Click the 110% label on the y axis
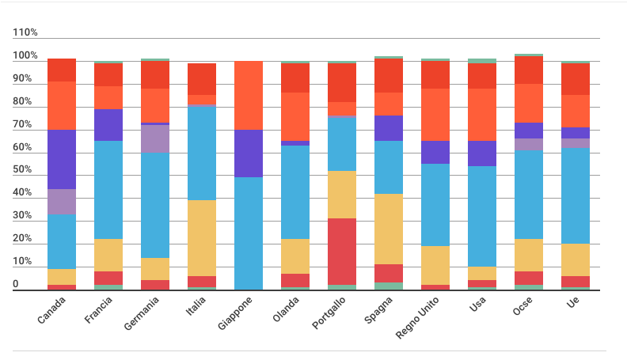tap(25, 32)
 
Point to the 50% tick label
tap(24, 170)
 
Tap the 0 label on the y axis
tap(16, 284)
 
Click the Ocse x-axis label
tap(522, 305)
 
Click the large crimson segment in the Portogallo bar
tap(342, 251)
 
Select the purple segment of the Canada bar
tap(61, 159)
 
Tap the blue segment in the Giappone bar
tap(248, 233)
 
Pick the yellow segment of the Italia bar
tap(201, 237)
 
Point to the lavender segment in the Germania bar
tap(155, 138)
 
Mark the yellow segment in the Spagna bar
tap(389, 229)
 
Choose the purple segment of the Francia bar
tap(108, 124)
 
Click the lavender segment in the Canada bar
tap(61, 202)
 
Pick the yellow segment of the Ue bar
tap(575, 260)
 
